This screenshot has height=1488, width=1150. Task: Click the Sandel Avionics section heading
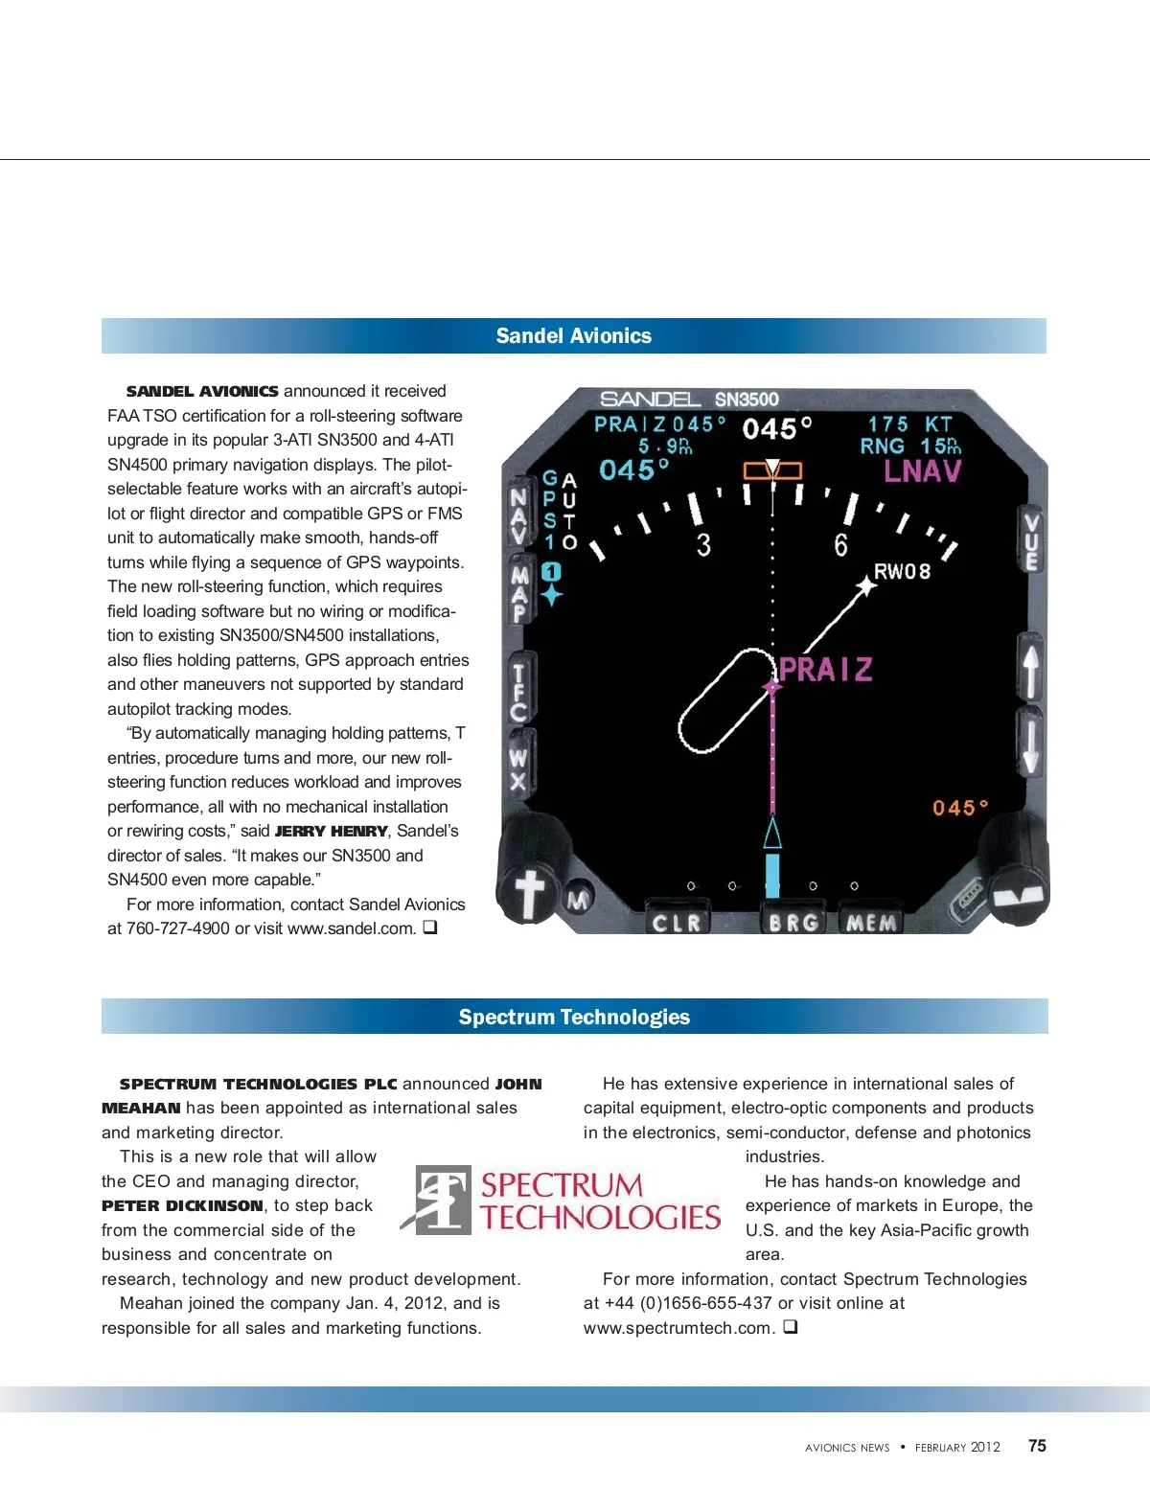(x=573, y=336)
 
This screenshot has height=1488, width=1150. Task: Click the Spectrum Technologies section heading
(x=574, y=1018)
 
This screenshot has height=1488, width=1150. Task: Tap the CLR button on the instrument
(x=677, y=922)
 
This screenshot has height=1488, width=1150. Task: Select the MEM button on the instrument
(x=871, y=922)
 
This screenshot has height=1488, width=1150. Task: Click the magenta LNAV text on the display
(x=922, y=471)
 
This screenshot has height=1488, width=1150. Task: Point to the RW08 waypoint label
(x=902, y=572)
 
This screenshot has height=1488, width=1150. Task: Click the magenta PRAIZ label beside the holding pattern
(x=826, y=669)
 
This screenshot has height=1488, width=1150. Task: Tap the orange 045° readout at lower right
(x=959, y=808)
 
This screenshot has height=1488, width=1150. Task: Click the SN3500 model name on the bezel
(x=747, y=400)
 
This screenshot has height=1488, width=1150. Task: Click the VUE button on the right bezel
(x=1031, y=541)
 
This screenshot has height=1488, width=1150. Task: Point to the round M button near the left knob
(x=578, y=899)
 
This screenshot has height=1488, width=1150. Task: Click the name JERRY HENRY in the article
(x=331, y=832)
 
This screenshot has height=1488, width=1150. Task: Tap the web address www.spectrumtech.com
(x=678, y=1328)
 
